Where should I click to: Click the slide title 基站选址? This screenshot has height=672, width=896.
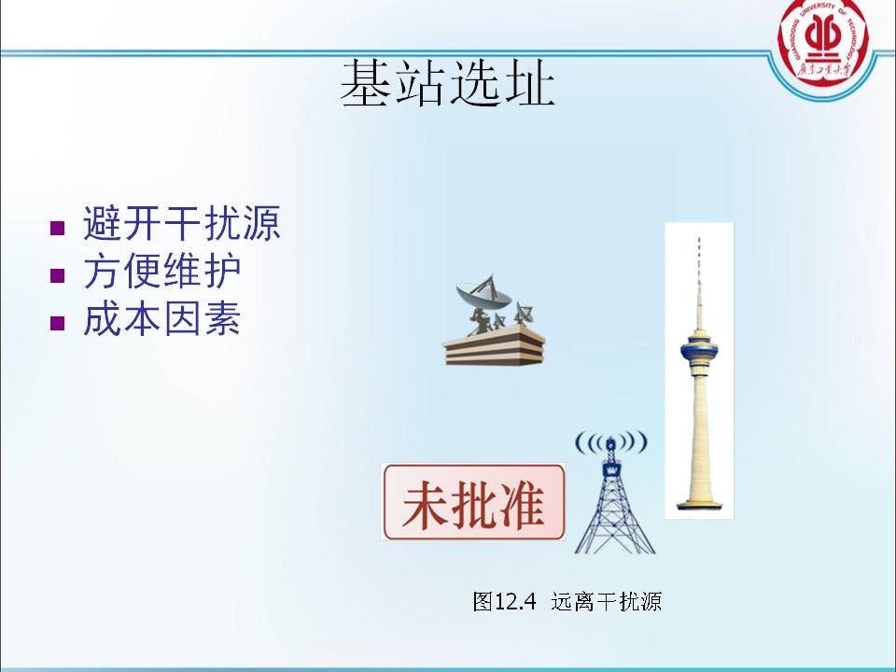click(x=447, y=85)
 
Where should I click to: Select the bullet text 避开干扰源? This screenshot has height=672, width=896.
click(x=182, y=225)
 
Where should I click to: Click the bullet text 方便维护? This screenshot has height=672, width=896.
click(x=162, y=273)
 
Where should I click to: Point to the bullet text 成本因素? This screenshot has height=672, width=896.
click(x=162, y=320)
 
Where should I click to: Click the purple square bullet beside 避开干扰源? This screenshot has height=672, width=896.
click(x=58, y=228)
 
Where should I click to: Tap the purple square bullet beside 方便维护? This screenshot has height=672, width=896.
click(x=58, y=275)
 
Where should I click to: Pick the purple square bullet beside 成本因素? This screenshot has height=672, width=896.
click(x=58, y=323)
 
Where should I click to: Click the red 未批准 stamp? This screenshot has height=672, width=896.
click(x=474, y=502)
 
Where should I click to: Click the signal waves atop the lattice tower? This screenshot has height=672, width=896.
click(x=610, y=441)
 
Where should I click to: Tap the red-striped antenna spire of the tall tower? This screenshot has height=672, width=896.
click(x=697, y=271)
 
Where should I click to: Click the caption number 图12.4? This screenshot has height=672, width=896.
click(x=505, y=602)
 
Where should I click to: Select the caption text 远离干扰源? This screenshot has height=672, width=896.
click(x=606, y=602)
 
